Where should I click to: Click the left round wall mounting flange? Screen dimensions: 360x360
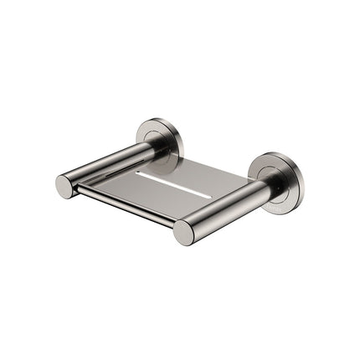click(159, 138)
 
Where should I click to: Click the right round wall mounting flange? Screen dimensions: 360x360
click(276, 178)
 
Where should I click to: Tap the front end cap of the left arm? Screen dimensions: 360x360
click(65, 186)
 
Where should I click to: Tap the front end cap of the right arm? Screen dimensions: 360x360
click(184, 232)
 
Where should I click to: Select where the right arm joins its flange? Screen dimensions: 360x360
click(266, 189)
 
